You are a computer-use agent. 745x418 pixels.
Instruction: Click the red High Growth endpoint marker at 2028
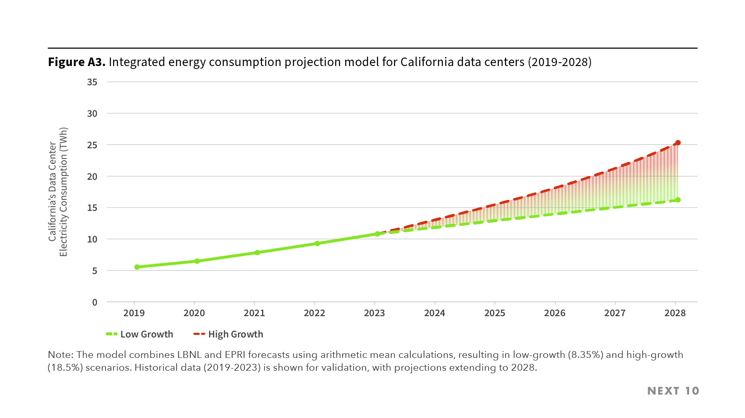678,143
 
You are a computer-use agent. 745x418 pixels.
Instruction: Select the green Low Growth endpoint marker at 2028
678,200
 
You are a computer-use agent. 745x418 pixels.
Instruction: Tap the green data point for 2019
137,267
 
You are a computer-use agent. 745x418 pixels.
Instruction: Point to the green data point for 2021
257,253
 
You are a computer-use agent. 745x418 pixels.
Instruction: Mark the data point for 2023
377,234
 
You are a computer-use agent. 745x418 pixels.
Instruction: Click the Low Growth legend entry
140,334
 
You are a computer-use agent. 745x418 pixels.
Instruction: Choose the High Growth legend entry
228,334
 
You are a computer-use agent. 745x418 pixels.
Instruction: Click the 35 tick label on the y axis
92,82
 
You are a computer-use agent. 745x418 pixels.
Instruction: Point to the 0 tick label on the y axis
95,303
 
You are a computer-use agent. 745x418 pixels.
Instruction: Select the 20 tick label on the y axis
92,177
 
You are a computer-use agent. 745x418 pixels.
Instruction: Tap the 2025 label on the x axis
495,313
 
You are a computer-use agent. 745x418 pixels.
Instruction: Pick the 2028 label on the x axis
675,313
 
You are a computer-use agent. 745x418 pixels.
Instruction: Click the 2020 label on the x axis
194,313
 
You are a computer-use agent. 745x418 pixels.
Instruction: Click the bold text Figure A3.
77,62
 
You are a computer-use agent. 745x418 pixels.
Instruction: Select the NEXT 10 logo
673,391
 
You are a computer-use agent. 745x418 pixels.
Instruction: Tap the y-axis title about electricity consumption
58,192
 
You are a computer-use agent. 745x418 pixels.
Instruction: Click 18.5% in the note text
65,368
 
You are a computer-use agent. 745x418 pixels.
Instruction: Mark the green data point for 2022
317,244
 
